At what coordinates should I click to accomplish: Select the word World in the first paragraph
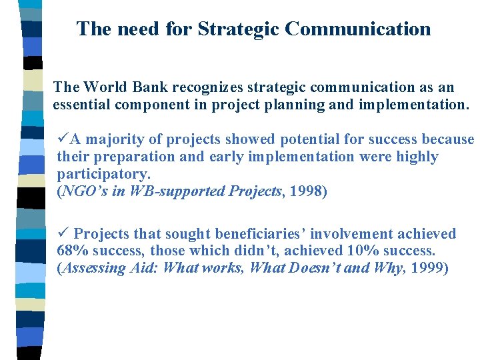pos(104,87)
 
